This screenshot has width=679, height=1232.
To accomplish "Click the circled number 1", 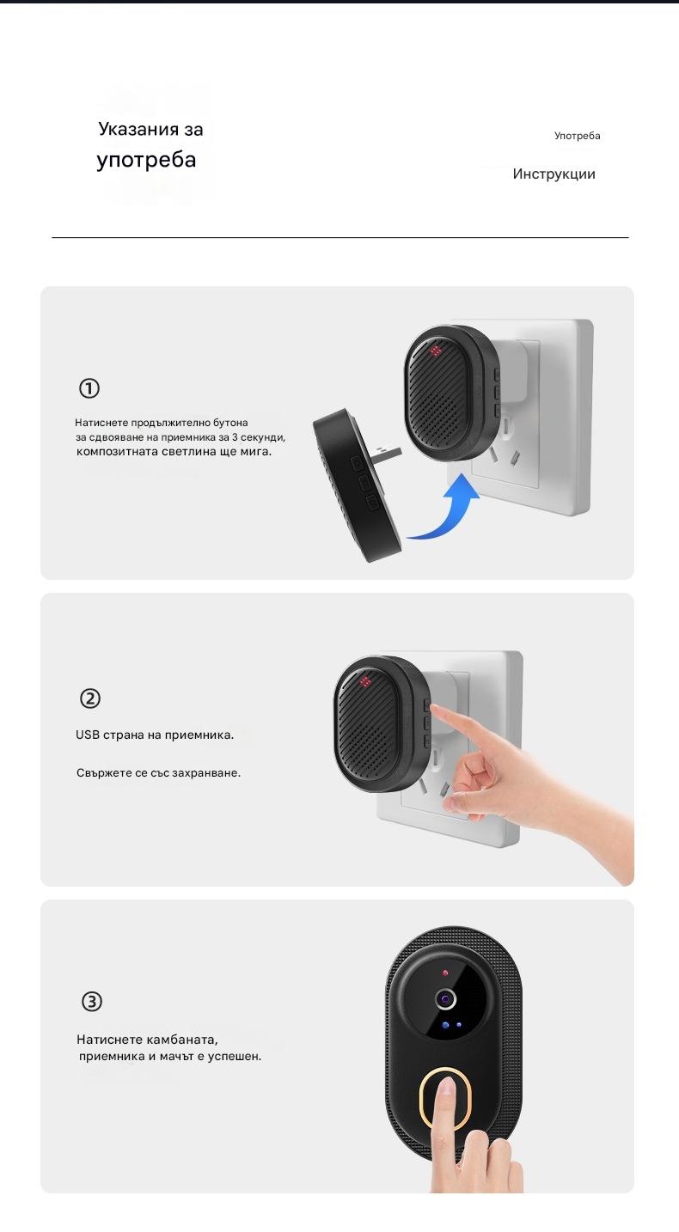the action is (89, 388).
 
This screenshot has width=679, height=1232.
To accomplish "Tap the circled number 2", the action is (90, 698).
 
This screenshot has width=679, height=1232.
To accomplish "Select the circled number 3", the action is (91, 1001).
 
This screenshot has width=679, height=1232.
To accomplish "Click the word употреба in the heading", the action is (146, 160).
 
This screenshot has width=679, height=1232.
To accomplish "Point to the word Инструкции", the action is (554, 174).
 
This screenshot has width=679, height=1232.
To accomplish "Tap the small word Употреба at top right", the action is (577, 136).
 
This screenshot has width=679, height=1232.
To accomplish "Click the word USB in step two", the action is (87, 735).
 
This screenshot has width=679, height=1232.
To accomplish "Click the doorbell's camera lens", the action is (445, 998).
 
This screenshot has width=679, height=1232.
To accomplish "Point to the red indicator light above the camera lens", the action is (445, 973).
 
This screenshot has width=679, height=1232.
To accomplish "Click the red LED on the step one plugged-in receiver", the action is (435, 351).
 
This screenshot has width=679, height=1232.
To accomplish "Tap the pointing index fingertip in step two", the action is (434, 709).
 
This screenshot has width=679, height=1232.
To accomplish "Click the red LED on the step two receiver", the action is (364, 682).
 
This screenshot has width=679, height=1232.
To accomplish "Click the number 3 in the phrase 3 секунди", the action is (235, 437).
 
